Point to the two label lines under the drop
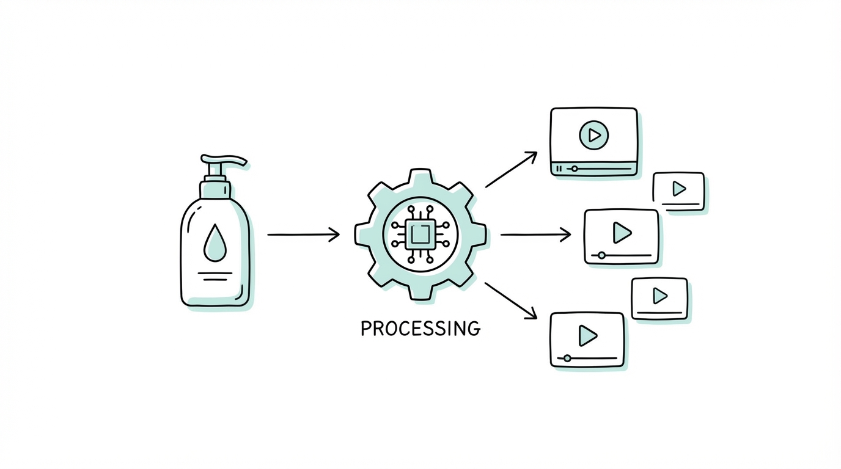(215, 276)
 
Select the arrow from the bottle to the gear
(303, 234)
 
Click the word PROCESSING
(420, 329)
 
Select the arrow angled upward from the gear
(511, 169)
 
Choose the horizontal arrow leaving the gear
(535, 234)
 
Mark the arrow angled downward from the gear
(511, 300)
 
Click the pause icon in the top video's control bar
(559, 168)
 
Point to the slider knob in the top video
(574, 168)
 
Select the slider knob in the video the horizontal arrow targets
(601, 255)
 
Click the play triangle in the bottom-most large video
(587, 335)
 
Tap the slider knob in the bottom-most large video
(567, 358)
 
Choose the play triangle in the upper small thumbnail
(679, 189)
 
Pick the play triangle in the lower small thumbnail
(660, 296)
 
